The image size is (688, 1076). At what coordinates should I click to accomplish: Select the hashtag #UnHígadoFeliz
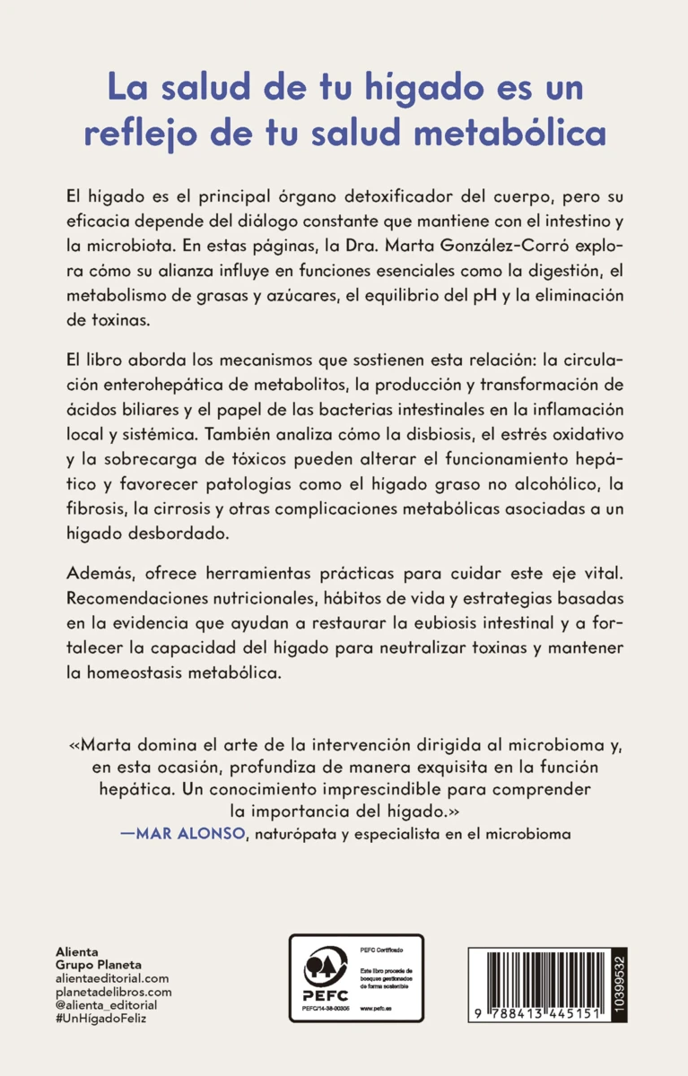point(100,1022)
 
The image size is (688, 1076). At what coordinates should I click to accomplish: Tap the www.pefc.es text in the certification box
point(373,1009)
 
